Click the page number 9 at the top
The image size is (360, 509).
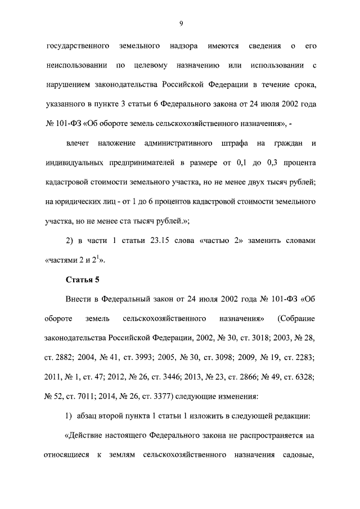click(181, 23)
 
